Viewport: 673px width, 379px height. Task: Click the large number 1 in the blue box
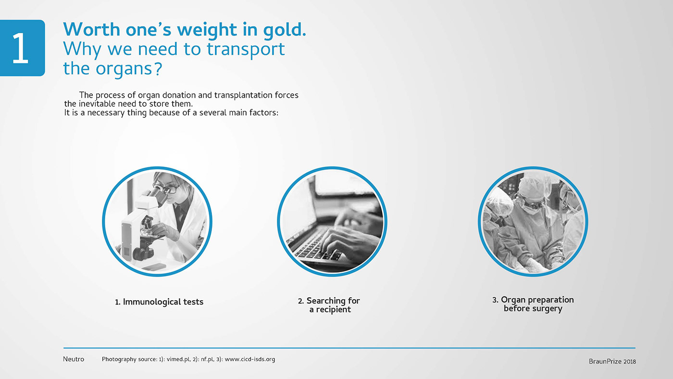pyautogui.click(x=20, y=48)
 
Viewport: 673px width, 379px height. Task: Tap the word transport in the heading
pyautogui.click(x=246, y=50)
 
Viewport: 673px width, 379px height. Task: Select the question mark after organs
pyautogui.click(x=158, y=68)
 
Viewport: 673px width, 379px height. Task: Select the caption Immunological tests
pyautogui.click(x=159, y=302)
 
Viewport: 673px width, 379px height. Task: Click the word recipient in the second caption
pyautogui.click(x=333, y=310)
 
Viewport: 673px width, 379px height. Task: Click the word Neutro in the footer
pyautogui.click(x=74, y=359)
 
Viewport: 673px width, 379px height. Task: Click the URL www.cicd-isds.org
pyautogui.click(x=249, y=359)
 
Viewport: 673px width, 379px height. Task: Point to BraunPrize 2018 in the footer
pyautogui.click(x=612, y=361)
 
